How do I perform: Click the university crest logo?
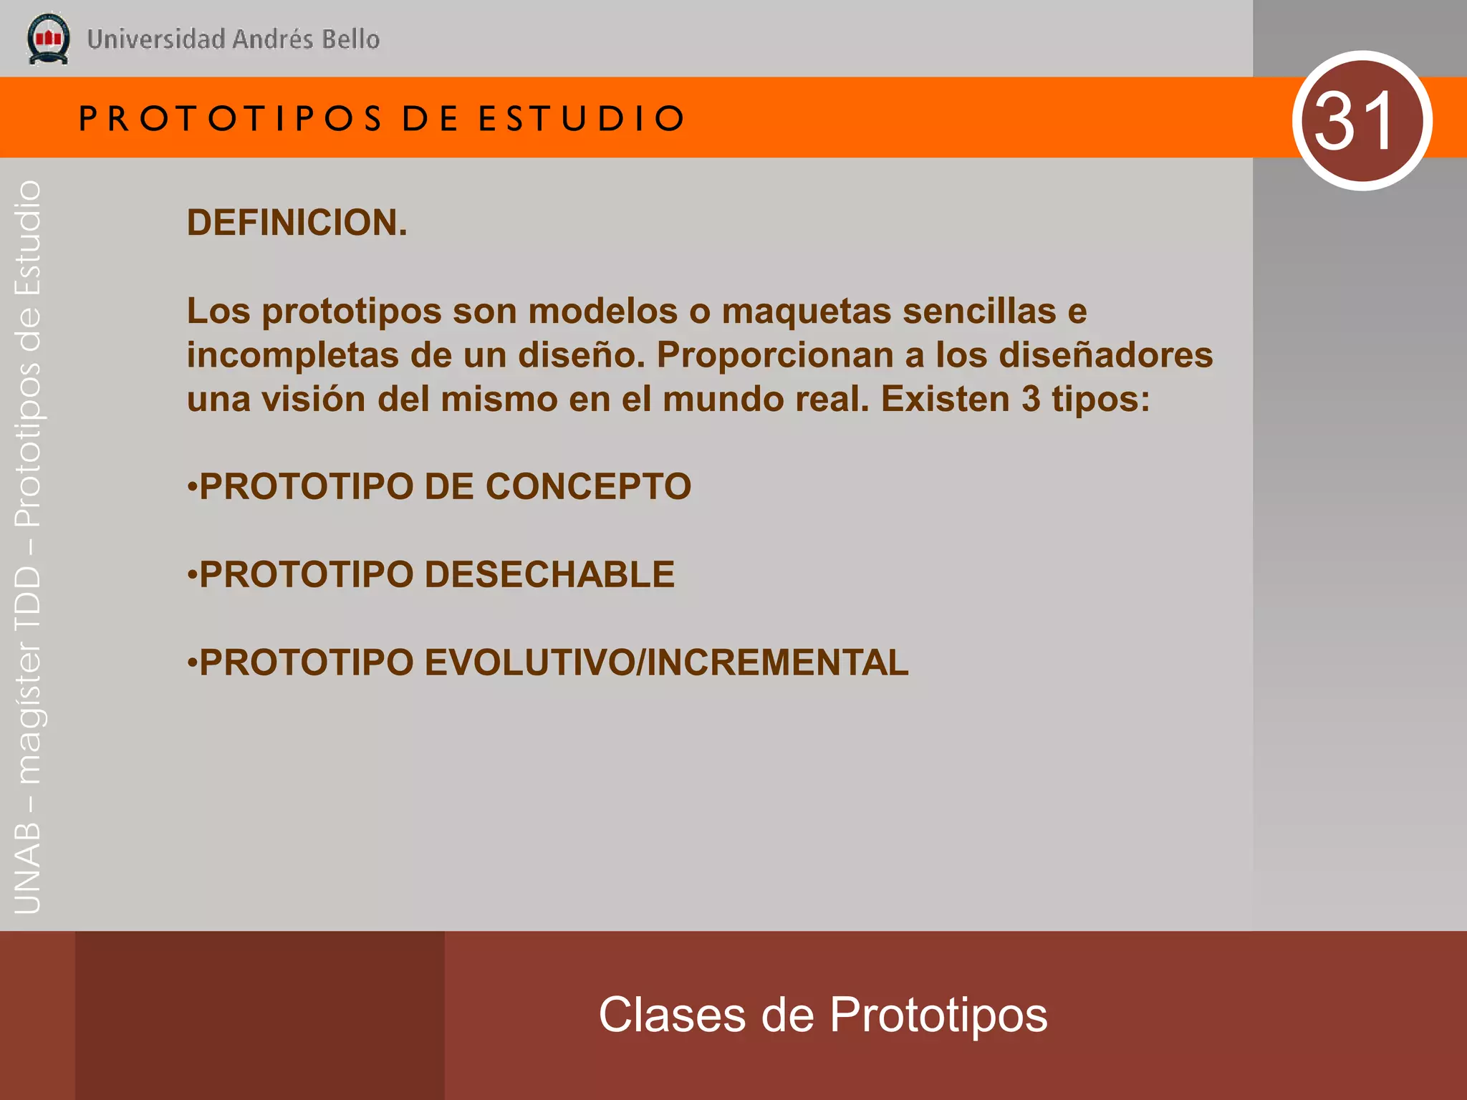pos(48,39)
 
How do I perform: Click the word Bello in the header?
pos(351,39)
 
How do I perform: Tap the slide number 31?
pos(1355,121)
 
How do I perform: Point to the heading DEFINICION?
pos(297,223)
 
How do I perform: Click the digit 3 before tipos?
pos(1031,400)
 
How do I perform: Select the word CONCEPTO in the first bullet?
pos(588,487)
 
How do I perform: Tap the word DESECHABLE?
pos(549,575)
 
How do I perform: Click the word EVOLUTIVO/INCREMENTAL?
pos(666,662)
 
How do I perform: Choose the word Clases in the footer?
pos(672,1015)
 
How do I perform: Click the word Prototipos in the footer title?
pos(938,1015)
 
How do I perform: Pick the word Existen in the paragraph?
pos(945,400)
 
